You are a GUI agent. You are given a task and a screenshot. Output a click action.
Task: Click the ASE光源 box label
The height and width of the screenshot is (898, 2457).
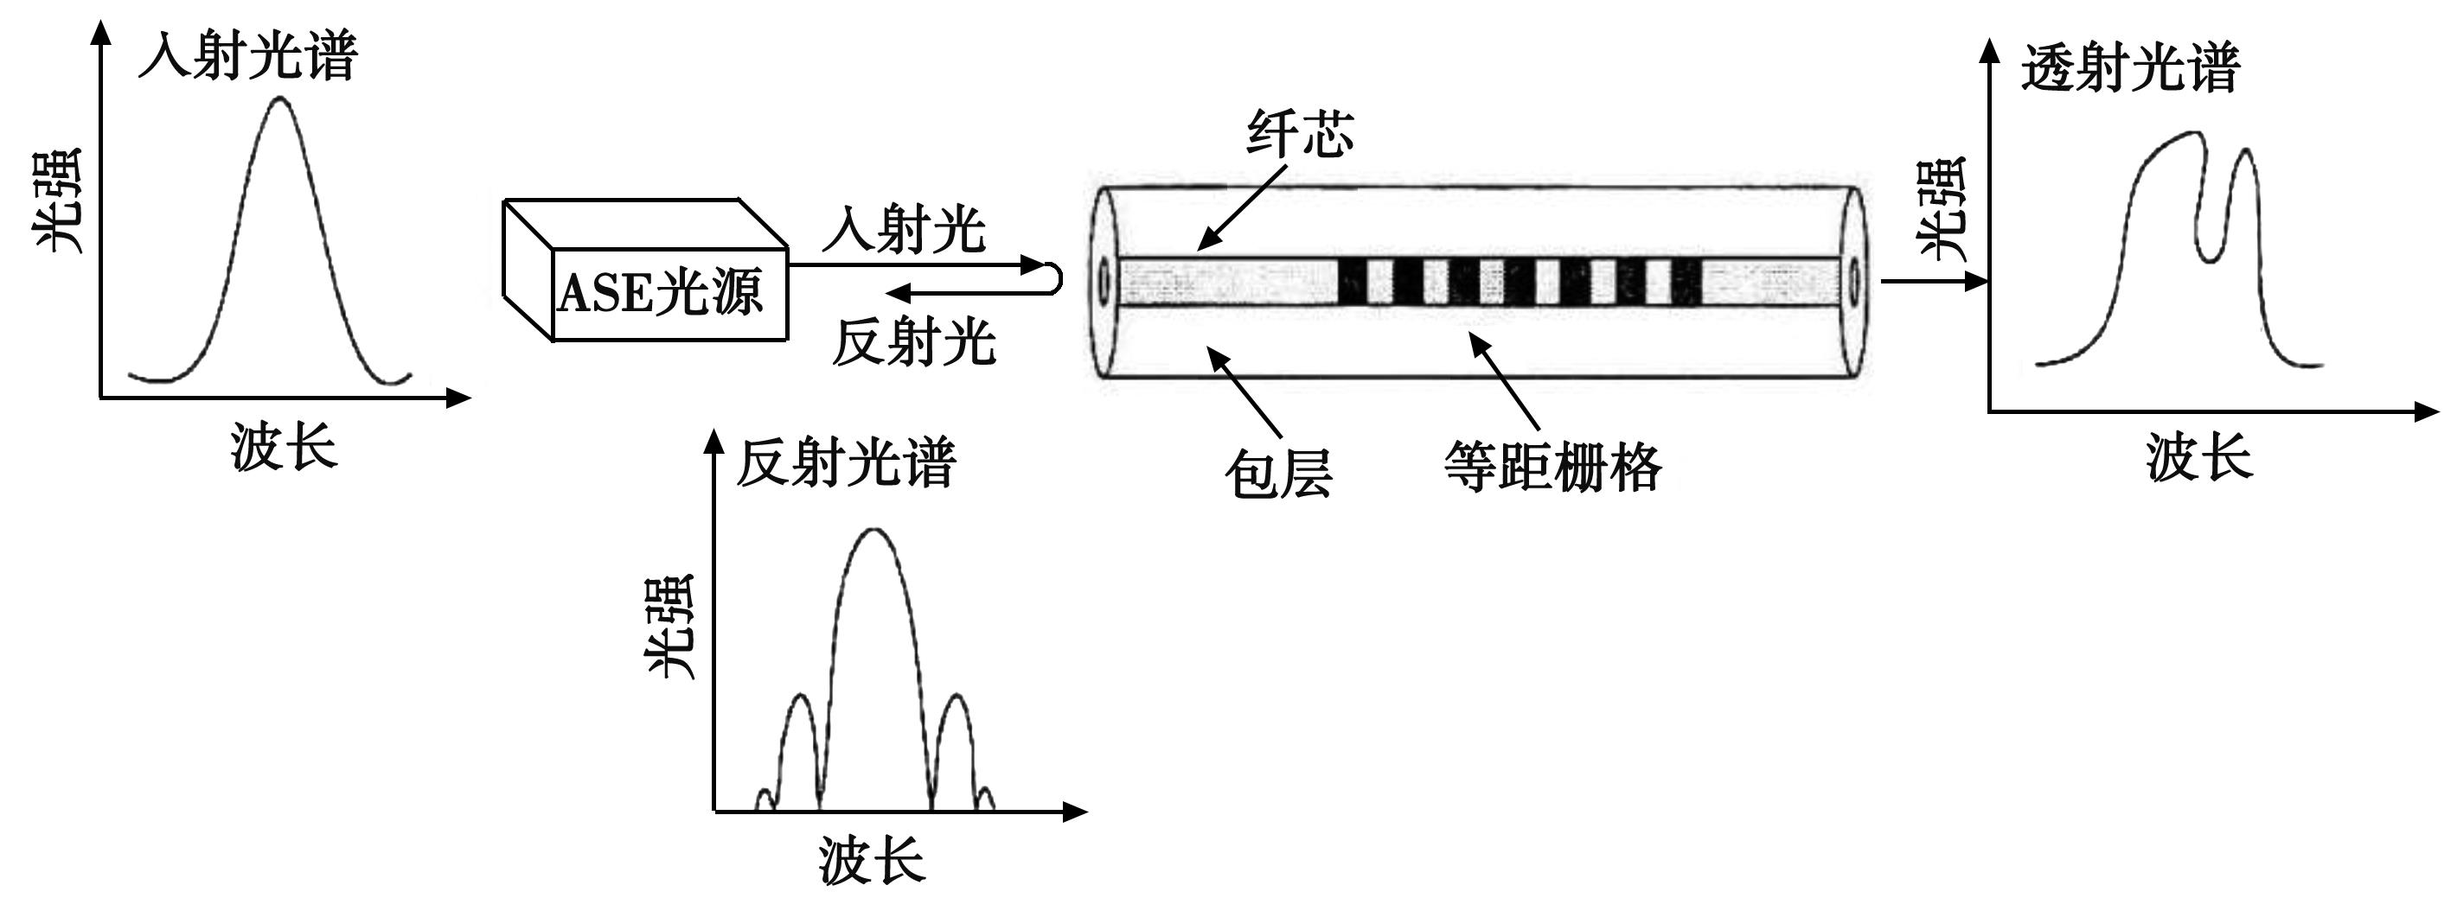tap(660, 293)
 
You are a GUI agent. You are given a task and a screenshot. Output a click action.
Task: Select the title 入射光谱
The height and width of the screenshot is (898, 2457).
tap(248, 56)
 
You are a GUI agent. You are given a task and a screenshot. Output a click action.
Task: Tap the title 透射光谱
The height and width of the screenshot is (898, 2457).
tap(2129, 68)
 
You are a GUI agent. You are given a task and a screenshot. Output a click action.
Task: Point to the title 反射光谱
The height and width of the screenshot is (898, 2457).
tap(845, 463)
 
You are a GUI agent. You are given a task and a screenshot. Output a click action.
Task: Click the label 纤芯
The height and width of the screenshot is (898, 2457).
tap(1300, 133)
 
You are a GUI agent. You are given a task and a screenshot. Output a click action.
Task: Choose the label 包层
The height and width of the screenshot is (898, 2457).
tap(1278, 474)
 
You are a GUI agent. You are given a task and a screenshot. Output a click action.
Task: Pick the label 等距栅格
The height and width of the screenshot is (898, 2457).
tap(1552, 467)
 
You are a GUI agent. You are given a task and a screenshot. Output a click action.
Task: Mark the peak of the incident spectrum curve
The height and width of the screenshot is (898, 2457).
tap(279, 99)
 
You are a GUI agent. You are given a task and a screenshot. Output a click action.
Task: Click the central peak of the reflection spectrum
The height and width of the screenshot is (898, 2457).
tap(874, 530)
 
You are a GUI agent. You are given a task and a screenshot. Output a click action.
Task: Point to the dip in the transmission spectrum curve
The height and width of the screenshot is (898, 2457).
tap(2211, 259)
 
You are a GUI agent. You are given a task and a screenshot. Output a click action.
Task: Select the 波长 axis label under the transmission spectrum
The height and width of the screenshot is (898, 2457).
tap(2198, 457)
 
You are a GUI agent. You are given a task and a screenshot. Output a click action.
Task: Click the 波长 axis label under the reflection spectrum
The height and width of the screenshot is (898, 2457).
tap(871, 860)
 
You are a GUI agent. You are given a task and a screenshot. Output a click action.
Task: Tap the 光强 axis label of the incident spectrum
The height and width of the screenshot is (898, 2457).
tap(59, 201)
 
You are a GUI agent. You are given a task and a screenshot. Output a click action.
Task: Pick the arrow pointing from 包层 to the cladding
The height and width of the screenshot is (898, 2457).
tap(1244, 392)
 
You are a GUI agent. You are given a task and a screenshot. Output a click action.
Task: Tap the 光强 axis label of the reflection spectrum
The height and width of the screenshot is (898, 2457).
tap(670, 627)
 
